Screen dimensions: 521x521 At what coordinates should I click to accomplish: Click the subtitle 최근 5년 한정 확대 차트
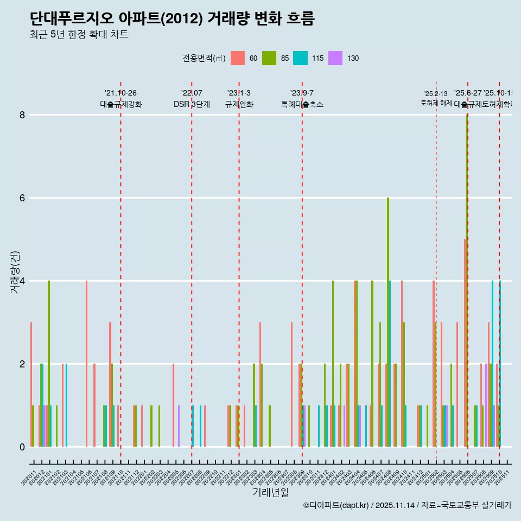click(79, 35)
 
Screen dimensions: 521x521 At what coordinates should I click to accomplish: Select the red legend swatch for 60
click(237, 58)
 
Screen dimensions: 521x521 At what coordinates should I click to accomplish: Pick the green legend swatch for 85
click(269, 58)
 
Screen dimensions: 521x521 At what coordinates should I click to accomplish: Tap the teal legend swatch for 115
click(300, 58)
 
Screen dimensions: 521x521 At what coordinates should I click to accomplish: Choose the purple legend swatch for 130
click(335, 58)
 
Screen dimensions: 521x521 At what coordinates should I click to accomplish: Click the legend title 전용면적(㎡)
click(204, 59)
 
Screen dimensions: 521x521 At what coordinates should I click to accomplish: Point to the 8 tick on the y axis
click(22, 115)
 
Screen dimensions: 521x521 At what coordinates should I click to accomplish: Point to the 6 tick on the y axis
click(22, 198)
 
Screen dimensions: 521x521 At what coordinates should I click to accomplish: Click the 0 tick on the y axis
click(22, 447)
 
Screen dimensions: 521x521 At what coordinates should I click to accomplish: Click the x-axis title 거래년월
click(270, 492)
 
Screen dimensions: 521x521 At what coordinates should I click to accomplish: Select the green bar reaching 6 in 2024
click(388, 320)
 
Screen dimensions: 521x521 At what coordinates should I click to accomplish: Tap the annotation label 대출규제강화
click(120, 105)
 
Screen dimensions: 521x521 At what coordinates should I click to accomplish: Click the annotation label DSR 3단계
click(192, 105)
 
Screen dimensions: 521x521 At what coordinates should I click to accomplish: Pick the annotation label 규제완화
click(239, 105)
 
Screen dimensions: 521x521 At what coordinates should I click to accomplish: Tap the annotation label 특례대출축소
click(302, 105)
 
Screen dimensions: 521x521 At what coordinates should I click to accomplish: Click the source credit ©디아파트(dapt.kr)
click(336, 505)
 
